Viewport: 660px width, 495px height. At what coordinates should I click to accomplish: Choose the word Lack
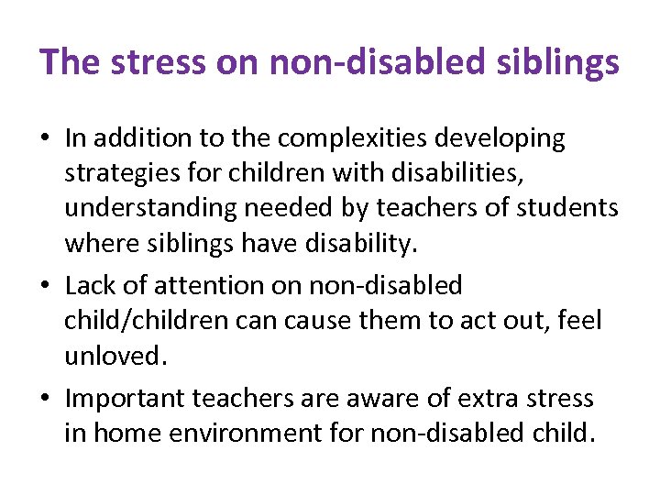[91, 286]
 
